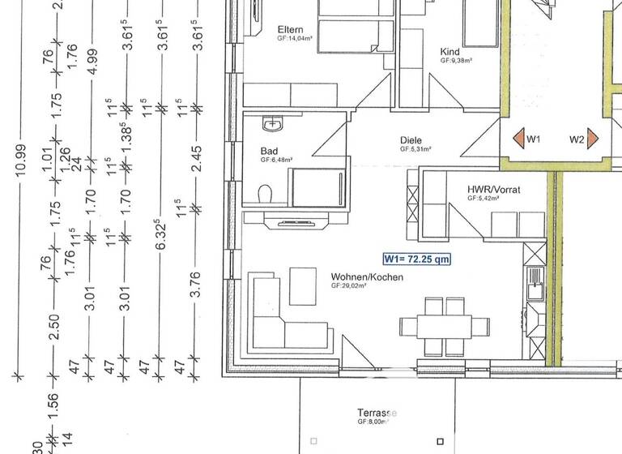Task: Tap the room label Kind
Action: pos(449,50)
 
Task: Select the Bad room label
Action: pos(269,151)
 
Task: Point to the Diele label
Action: pos(411,140)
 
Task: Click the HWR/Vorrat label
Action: pos(493,191)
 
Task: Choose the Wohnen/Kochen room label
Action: pos(367,277)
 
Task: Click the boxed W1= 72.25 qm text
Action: pos(416,259)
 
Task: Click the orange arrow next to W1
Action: pos(516,139)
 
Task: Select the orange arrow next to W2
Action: pos(593,139)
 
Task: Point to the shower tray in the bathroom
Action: pos(317,187)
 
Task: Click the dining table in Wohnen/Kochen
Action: pos(445,327)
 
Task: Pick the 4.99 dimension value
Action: pos(91,62)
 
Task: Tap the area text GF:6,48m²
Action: pos(278,161)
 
